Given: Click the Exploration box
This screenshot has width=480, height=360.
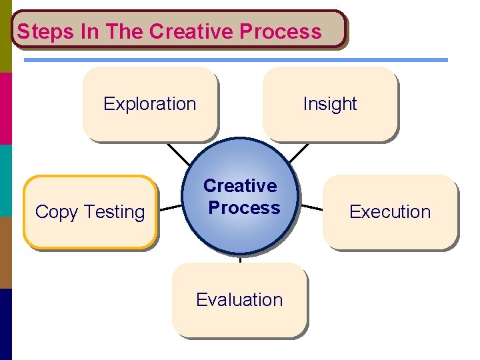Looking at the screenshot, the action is click(150, 104).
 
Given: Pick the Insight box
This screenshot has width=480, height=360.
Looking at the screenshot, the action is click(330, 104).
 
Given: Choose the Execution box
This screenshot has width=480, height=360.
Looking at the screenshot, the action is click(390, 212).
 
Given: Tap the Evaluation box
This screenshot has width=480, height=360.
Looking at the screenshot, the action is click(239, 300).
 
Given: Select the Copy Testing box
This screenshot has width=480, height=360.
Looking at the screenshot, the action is click(90, 212).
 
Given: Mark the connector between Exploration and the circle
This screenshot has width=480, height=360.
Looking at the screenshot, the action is click(179, 154).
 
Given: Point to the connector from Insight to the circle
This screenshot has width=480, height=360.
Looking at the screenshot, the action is click(300, 153).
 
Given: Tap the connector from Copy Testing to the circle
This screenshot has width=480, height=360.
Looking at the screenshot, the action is click(170, 207).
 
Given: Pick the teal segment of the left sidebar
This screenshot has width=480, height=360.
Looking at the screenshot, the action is click(5, 180).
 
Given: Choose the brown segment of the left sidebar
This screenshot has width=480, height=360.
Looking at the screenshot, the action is click(5, 252).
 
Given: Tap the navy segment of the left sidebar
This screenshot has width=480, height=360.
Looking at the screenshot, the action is click(5, 324).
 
